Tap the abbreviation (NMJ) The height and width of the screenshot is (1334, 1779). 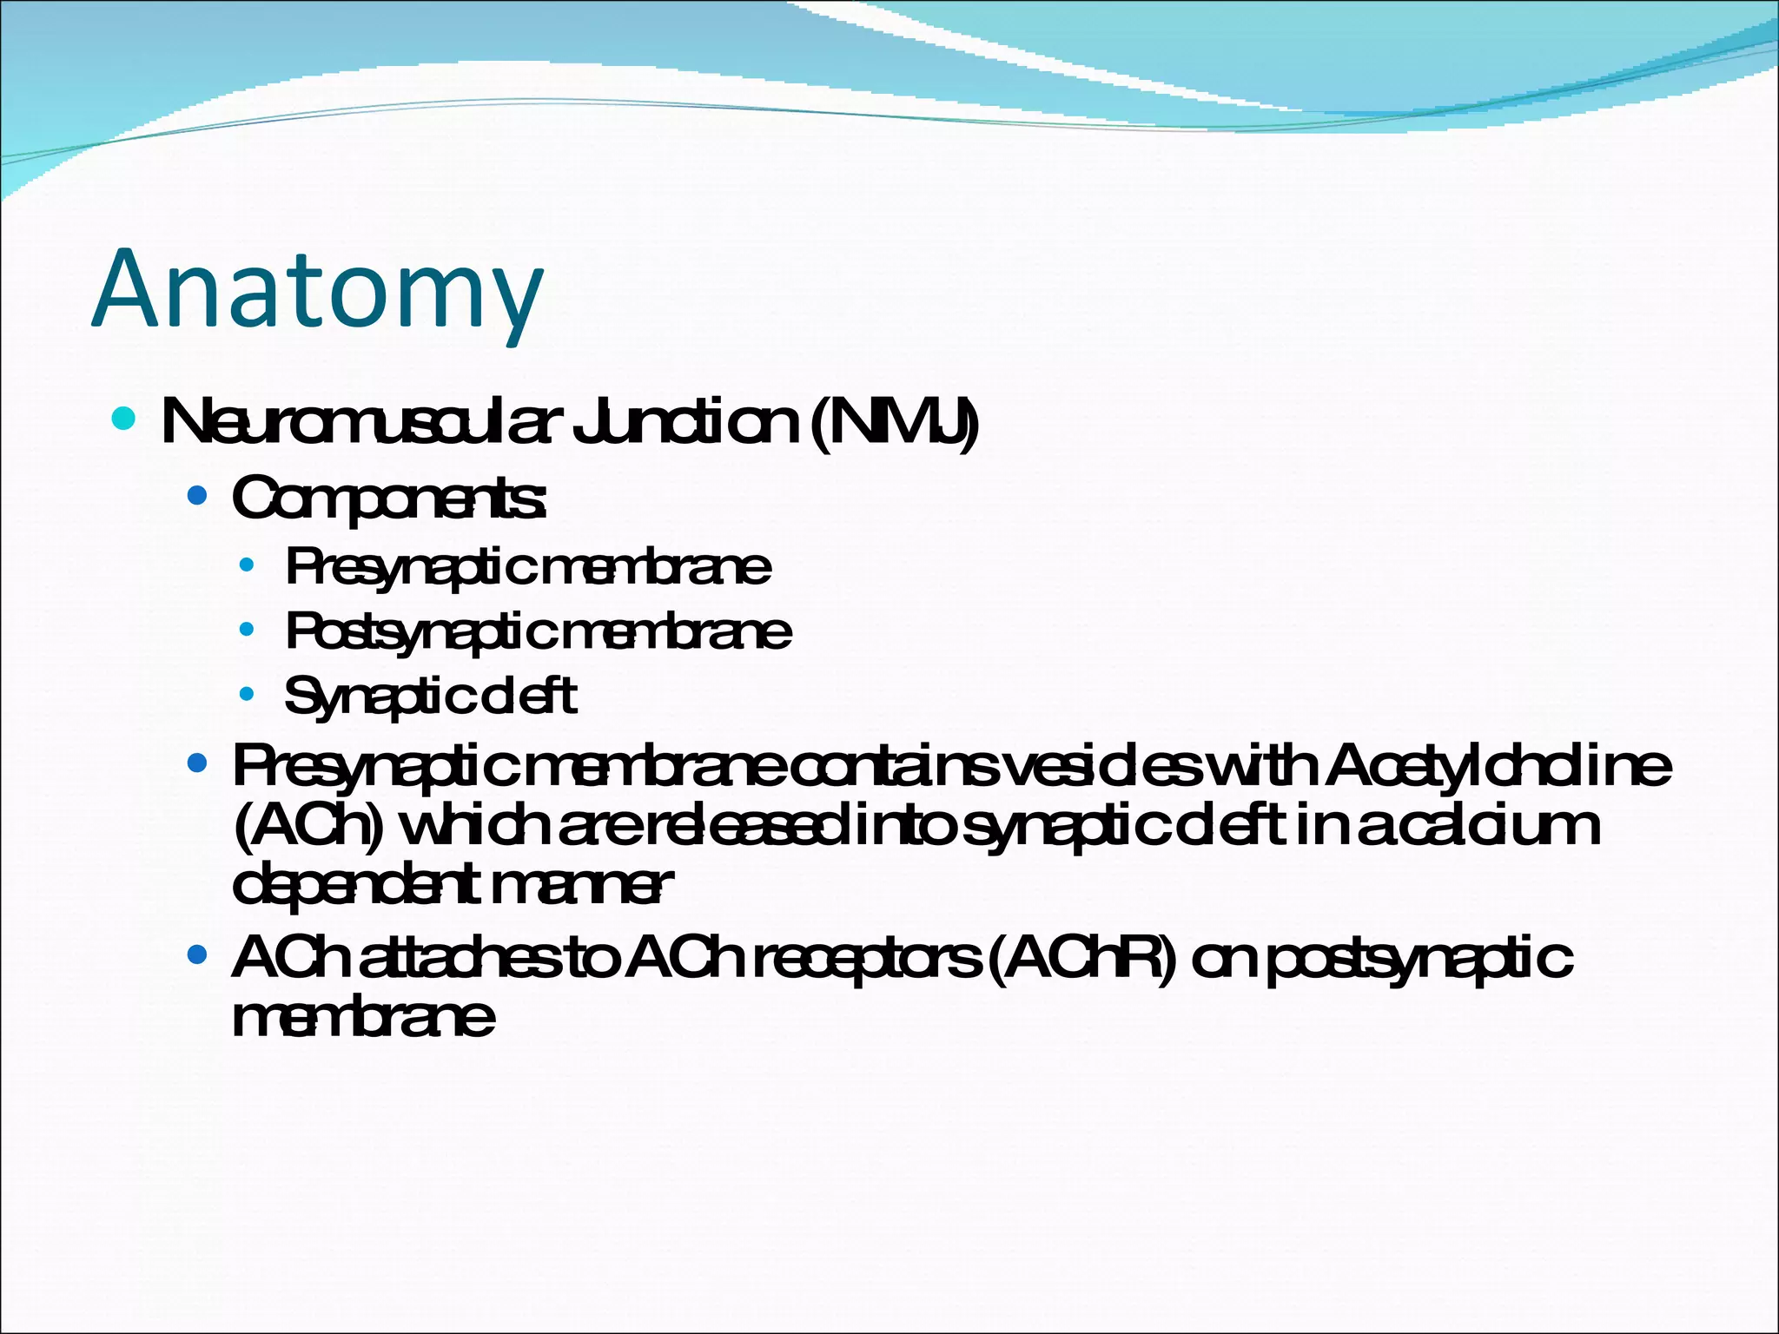pos(894,423)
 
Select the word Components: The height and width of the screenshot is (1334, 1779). pos(389,499)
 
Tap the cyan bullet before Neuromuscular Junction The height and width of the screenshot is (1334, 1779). pos(124,419)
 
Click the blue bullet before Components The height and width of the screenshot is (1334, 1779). pos(198,496)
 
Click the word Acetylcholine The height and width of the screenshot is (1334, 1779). pos(1498,766)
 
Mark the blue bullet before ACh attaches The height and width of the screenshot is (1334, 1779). pos(198,955)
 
